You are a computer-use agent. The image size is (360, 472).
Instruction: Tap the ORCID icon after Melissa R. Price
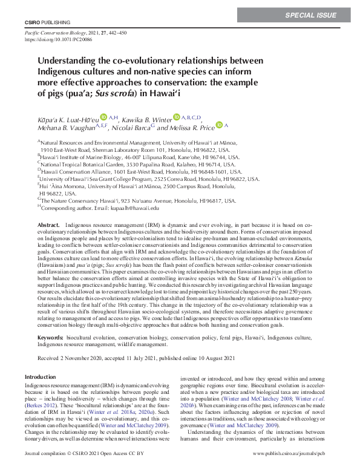coord(219,125)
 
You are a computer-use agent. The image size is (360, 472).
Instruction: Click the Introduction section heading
coord(41,376)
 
